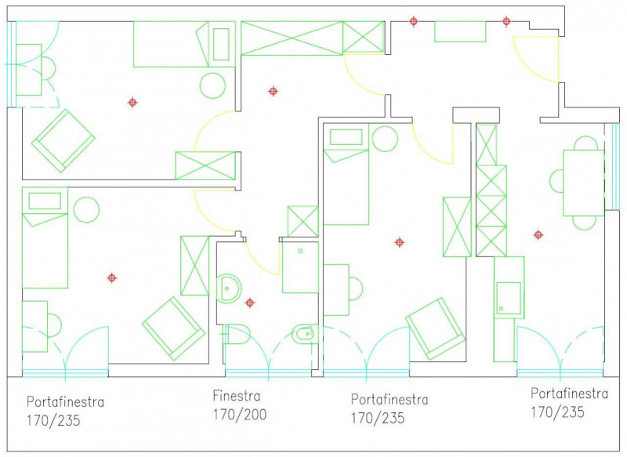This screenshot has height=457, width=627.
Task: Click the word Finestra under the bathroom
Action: (237, 396)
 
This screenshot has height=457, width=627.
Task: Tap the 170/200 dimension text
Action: (240, 415)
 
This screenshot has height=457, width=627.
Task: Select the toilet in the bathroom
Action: (236, 334)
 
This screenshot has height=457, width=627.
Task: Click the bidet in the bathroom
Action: (304, 333)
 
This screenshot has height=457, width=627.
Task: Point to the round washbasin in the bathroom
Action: (229, 288)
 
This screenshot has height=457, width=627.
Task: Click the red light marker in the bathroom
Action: (249, 303)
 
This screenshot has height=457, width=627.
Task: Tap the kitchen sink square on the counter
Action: (509, 298)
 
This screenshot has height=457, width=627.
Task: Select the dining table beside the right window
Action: (583, 183)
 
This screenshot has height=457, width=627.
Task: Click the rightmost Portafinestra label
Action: (570, 394)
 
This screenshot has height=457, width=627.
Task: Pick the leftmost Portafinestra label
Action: (65, 402)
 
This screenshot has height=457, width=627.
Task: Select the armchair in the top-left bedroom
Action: (63, 141)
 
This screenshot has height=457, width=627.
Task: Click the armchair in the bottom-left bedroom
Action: (173, 328)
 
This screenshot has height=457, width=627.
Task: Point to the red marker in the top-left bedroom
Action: (132, 103)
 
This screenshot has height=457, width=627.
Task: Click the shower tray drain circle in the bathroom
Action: (300, 251)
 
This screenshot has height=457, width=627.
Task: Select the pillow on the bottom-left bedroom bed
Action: (45, 201)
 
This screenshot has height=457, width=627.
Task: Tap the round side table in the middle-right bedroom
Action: (385, 139)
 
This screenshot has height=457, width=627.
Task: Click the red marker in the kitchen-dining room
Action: (538, 234)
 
